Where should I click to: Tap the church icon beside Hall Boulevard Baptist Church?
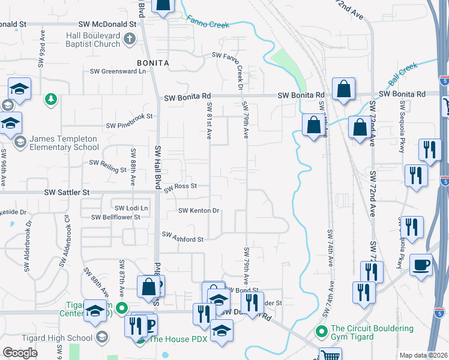(129, 40)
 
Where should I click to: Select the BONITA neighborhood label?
(153, 62)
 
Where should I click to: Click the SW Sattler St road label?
(67, 193)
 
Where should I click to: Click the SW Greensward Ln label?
(118, 71)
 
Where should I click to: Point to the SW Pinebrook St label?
(130, 125)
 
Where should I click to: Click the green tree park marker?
(52, 98)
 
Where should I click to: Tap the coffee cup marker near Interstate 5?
(421, 265)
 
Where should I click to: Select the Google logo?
(20, 353)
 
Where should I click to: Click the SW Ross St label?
(181, 187)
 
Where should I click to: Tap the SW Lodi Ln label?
(131, 208)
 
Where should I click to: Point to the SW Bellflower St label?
(116, 217)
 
